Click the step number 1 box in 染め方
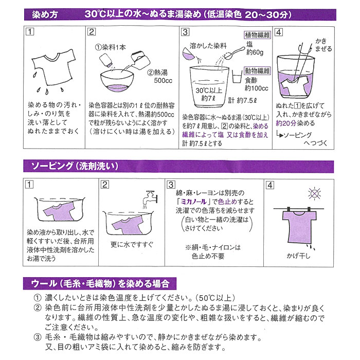[x=30, y=32]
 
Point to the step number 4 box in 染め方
[x=279, y=32]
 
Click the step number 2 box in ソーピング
[x=105, y=185]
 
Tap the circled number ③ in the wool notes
[x=37, y=338]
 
